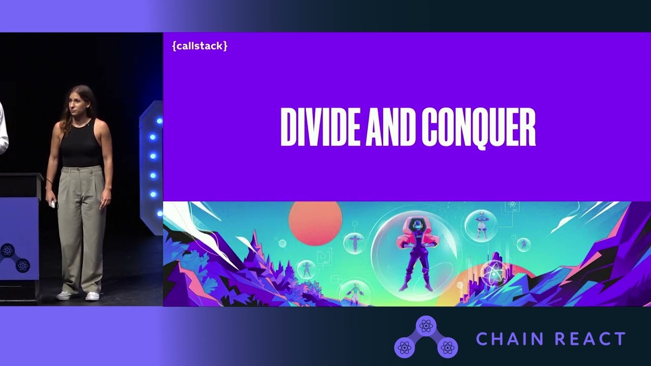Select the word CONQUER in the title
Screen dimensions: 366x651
coord(479,127)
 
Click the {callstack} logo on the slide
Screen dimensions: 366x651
coord(200,46)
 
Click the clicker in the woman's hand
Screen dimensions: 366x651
coord(53,204)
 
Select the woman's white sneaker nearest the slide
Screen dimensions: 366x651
coord(93,296)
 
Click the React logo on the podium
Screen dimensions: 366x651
coord(8,250)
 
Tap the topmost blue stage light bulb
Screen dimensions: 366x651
coord(159,121)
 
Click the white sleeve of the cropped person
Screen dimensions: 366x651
coord(3,127)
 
